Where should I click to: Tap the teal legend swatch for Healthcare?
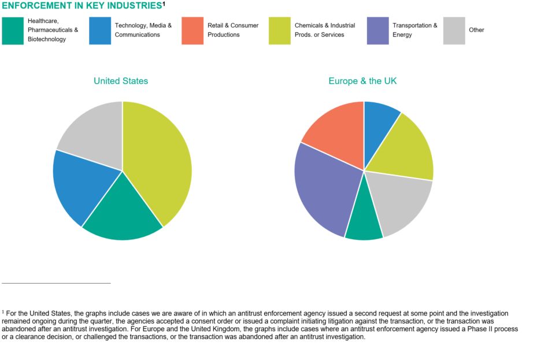[x=13, y=31]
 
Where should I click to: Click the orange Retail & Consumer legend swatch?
[x=192, y=31]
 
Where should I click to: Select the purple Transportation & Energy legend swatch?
[x=377, y=31]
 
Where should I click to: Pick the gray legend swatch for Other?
[x=454, y=31]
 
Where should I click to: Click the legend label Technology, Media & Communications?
[x=143, y=30]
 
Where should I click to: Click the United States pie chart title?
[x=121, y=81]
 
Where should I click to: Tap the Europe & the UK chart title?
[x=362, y=81]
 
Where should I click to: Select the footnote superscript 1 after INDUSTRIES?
[x=164, y=3]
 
